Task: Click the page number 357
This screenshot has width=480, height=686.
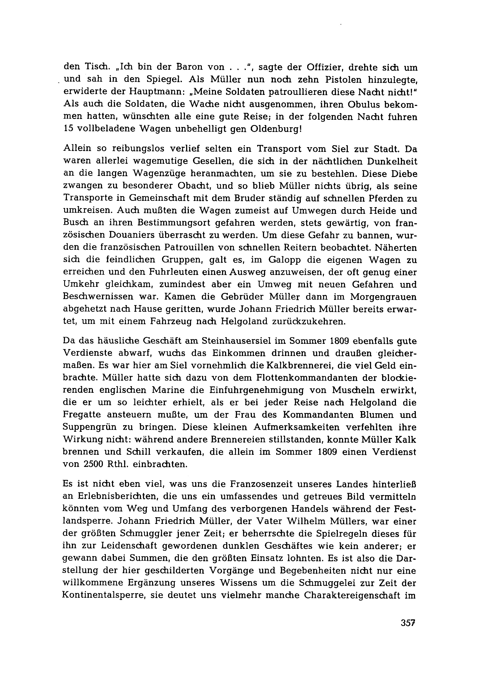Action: point(408,623)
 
